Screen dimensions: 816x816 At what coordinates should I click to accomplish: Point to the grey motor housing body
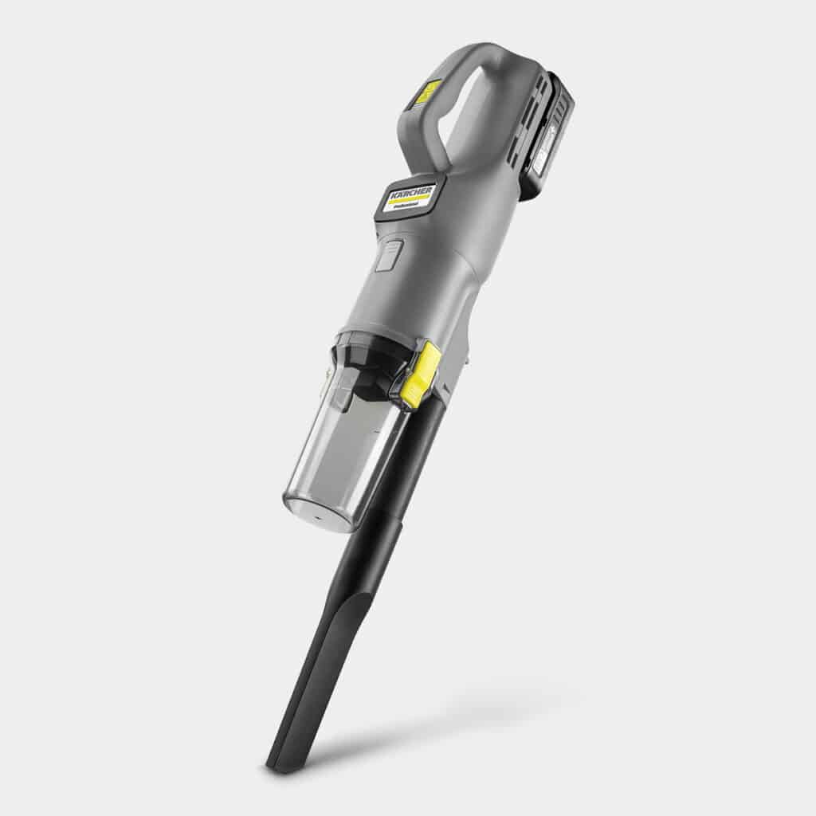pyautogui.click(x=430, y=279)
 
